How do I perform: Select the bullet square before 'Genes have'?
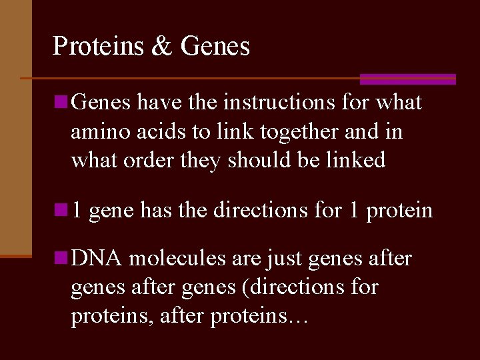(x=61, y=102)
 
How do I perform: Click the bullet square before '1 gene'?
(x=61, y=210)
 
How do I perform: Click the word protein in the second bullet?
(x=399, y=211)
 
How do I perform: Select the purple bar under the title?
(x=407, y=79)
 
